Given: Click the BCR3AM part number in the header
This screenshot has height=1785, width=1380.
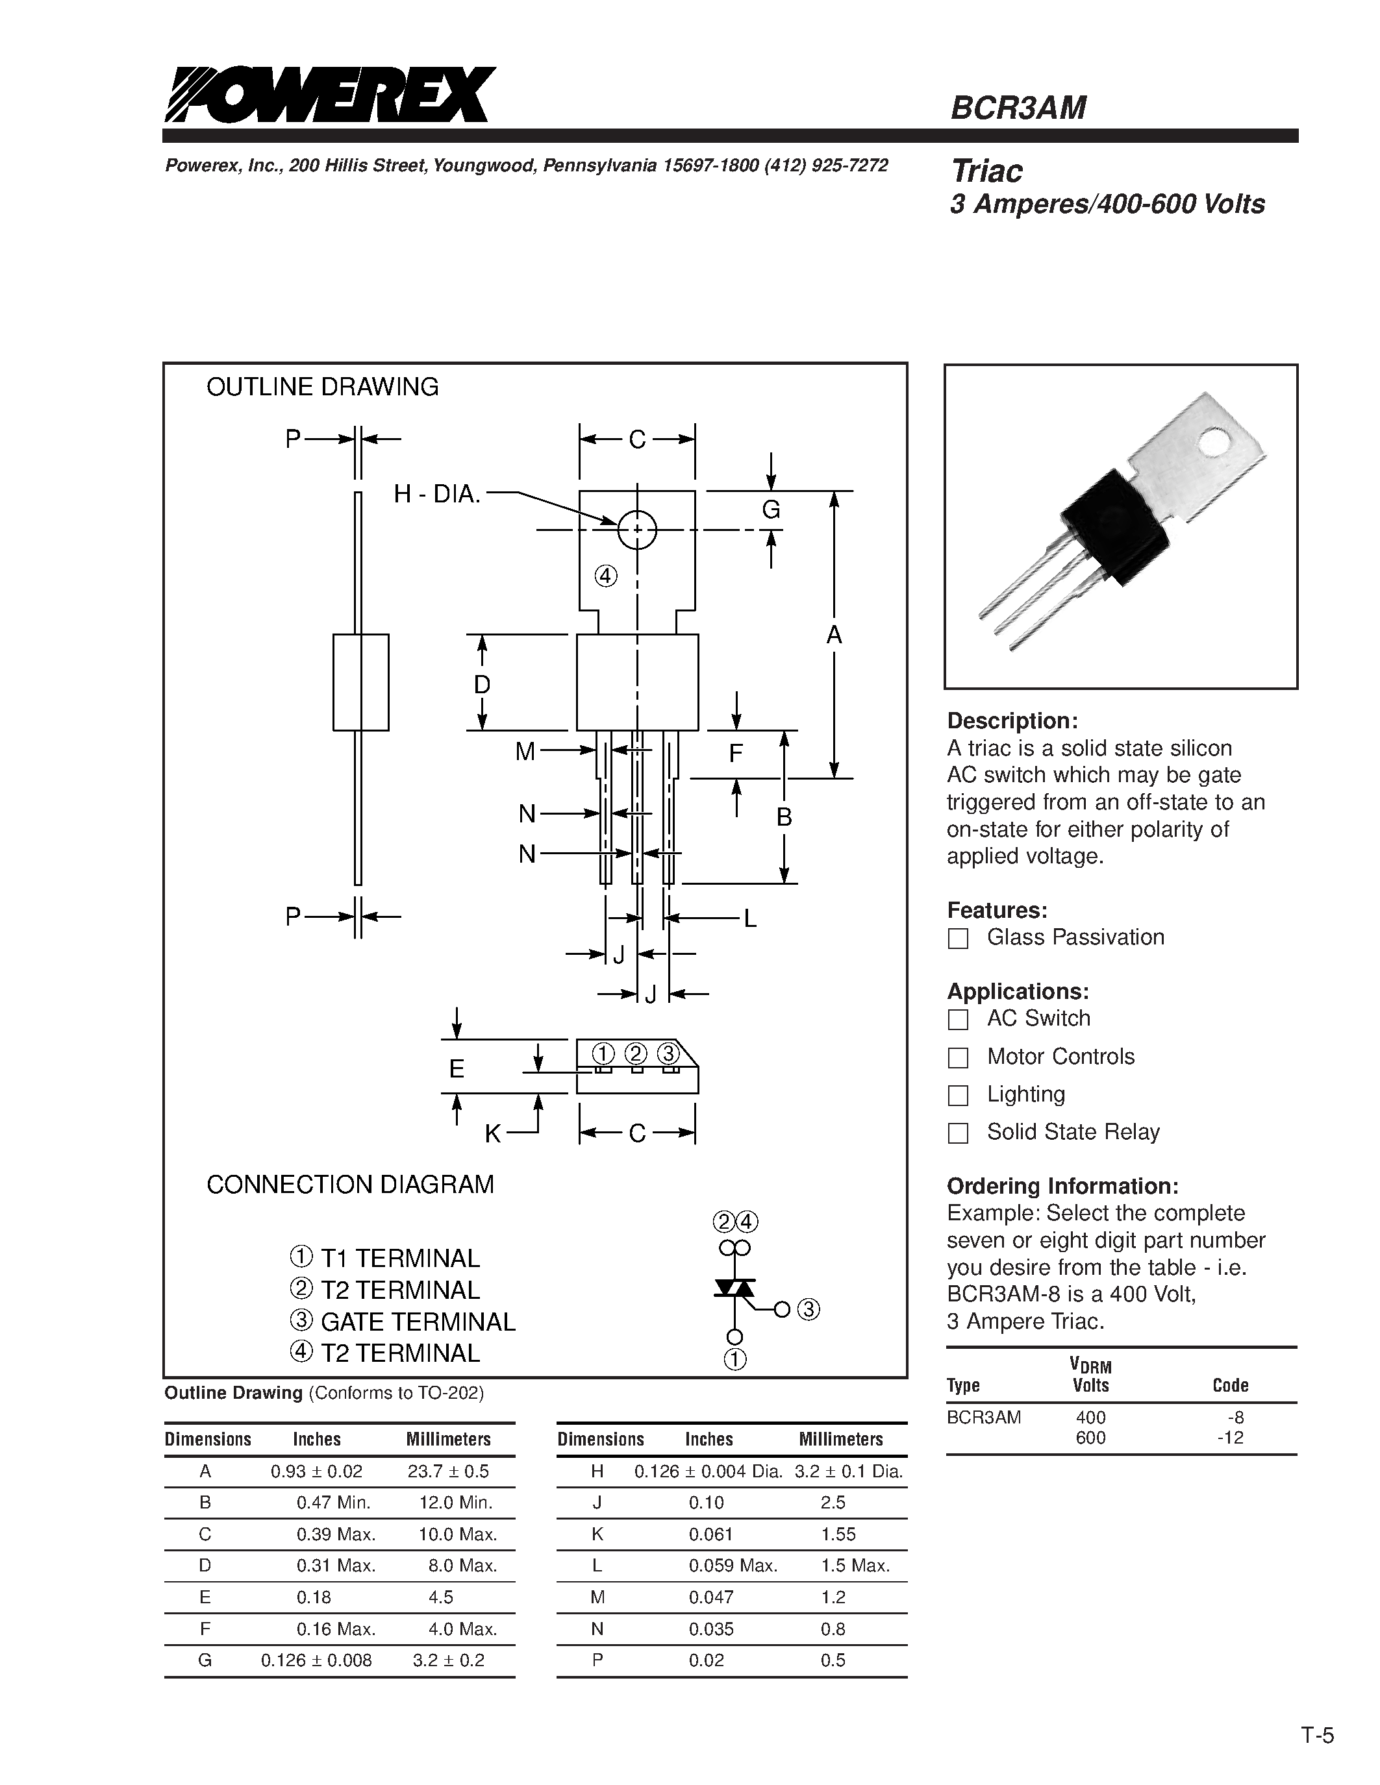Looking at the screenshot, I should pos(1018,108).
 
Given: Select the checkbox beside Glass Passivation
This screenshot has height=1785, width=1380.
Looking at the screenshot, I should pos(957,939).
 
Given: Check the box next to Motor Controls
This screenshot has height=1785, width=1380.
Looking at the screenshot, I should pos(957,1057).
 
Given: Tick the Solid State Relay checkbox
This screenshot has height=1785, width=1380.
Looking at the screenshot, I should pos(957,1133).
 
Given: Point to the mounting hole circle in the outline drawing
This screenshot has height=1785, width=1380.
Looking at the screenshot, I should pos(637,530).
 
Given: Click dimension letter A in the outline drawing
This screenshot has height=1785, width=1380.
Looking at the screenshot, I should pos(834,634).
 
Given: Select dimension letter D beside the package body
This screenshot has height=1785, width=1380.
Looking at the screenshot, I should pos(483,684).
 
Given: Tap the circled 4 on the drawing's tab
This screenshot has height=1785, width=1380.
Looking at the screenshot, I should pos(606,576).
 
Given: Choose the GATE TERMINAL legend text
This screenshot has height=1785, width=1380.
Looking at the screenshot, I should pos(417,1322).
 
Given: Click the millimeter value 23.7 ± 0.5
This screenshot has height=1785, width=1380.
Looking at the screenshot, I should pos(448,1471).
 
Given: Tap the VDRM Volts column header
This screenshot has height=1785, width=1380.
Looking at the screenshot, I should pos(1090,1375).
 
